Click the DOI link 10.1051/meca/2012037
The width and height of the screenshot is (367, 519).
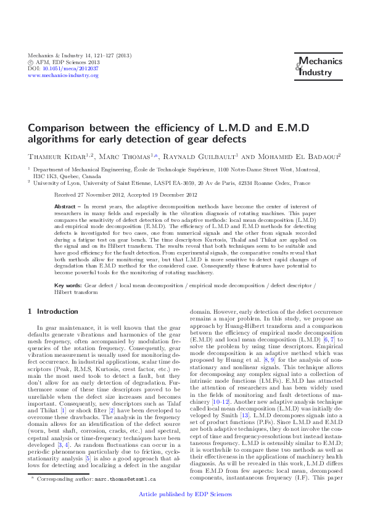pos(63,68)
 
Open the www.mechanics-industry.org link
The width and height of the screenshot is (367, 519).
pos(59,75)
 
